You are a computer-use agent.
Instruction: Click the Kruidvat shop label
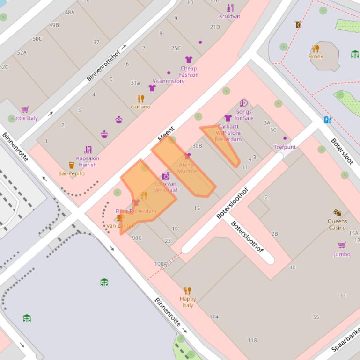(229, 16)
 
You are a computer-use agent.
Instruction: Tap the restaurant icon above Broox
(316, 49)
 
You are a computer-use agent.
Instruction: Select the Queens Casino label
(337, 224)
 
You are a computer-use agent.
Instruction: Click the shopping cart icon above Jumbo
(342, 245)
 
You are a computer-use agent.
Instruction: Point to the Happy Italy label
(188, 302)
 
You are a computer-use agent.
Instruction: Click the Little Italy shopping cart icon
(25, 109)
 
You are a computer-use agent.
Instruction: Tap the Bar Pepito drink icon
(71, 165)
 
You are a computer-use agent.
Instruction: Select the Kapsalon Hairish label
(88, 161)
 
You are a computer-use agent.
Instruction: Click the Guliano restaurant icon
(140, 99)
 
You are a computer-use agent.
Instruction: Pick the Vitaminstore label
(169, 81)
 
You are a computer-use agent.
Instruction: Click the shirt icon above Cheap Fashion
(189, 59)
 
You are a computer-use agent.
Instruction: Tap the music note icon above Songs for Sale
(243, 103)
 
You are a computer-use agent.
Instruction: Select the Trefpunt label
(285, 147)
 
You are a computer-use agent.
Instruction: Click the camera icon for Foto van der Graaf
(166, 176)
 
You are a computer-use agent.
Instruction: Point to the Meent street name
(166, 134)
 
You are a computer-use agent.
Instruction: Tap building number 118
(252, 340)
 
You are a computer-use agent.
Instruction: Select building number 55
(316, 317)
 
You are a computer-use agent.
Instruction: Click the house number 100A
(161, 264)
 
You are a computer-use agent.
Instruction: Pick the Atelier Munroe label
(187, 168)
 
